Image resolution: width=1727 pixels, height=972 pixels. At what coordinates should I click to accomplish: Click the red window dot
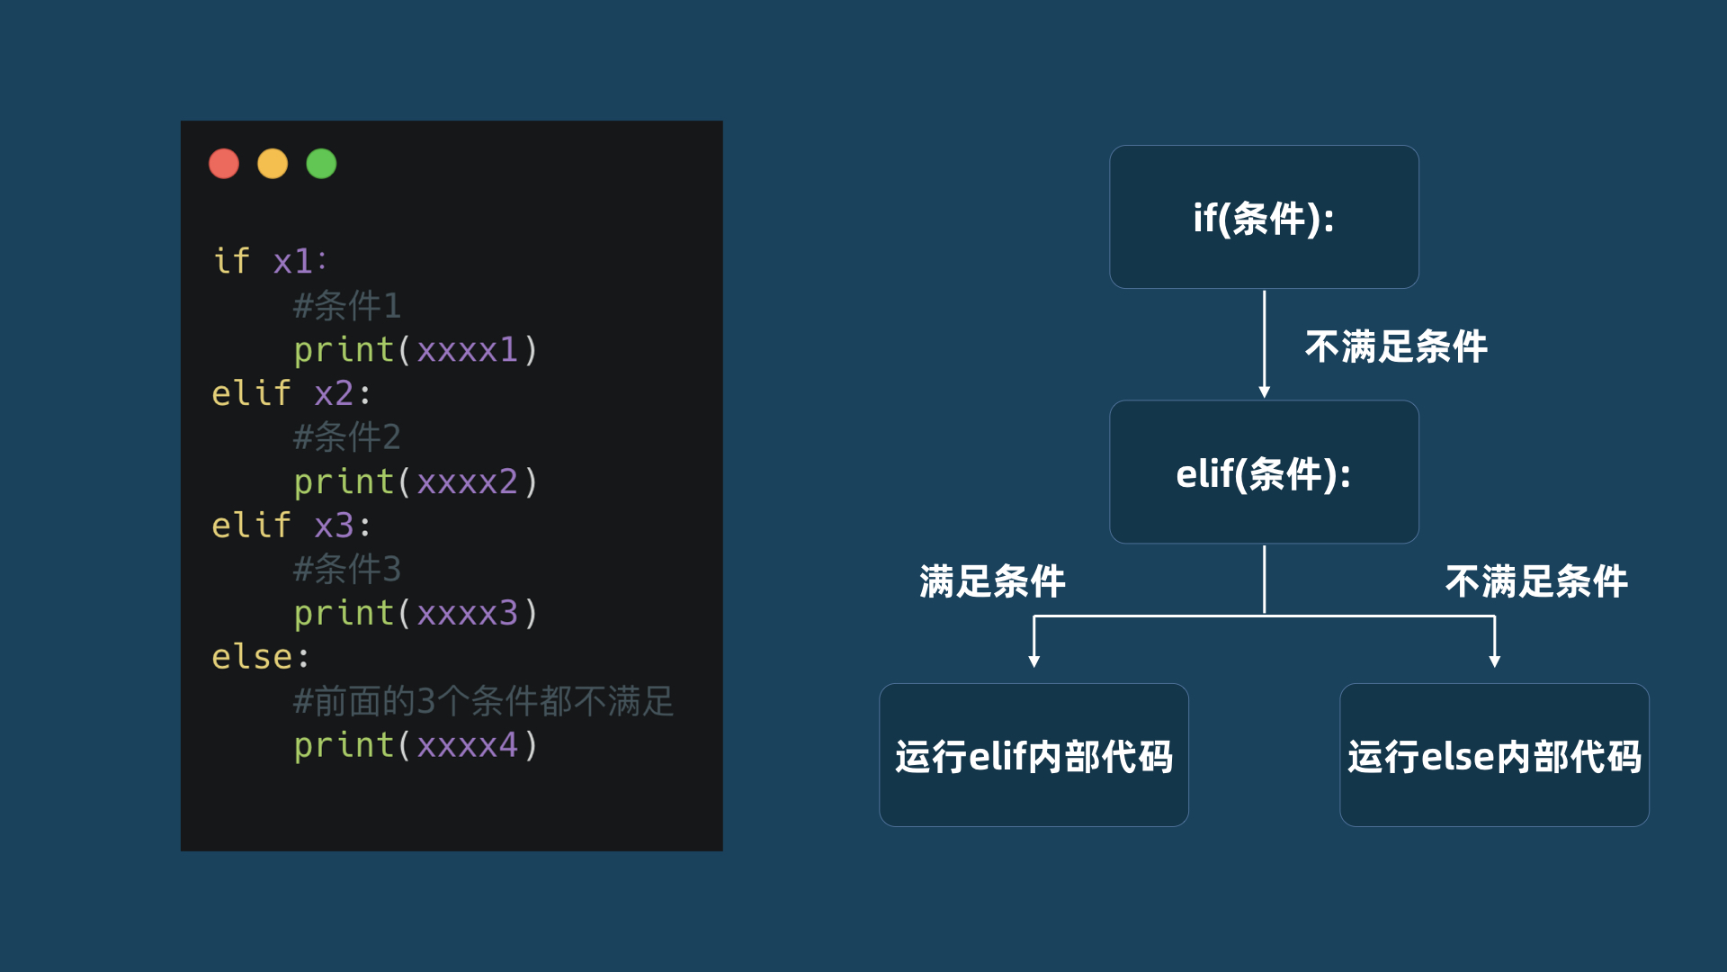point(224,164)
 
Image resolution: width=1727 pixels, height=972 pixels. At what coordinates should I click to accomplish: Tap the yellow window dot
point(273,164)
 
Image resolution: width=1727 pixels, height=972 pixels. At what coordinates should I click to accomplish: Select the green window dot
point(321,164)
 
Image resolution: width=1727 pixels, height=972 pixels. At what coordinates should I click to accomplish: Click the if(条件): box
point(1264,217)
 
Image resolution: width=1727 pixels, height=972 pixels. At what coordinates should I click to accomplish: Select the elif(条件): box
point(1264,472)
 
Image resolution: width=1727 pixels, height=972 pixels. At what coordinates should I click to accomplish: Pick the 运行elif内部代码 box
point(1034,755)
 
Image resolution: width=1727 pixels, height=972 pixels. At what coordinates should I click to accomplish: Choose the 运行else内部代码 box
point(1494,755)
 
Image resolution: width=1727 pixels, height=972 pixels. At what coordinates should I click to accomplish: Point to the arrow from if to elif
point(1264,342)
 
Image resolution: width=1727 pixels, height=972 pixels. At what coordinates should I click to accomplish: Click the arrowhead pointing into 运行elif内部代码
point(1034,661)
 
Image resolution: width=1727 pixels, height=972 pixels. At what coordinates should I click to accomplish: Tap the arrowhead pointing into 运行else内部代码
point(1495,661)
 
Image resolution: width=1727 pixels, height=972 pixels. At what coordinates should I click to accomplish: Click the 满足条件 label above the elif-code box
point(992,581)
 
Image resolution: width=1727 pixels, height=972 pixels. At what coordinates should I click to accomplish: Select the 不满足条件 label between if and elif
point(1396,346)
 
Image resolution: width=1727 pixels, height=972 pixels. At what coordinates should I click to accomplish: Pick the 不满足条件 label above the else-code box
point(1536,581)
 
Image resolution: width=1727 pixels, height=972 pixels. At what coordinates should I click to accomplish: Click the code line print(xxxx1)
point(416,349)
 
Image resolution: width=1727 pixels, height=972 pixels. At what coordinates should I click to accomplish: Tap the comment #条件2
point(347,437)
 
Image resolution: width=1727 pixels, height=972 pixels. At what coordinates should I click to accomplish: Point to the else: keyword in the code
point(260,657)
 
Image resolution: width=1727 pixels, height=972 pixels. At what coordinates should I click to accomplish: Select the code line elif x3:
point(291,525)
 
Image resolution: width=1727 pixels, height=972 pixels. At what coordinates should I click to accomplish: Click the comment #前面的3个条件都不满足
point(483,701)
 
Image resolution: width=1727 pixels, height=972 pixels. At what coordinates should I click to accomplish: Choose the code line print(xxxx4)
point(416,745)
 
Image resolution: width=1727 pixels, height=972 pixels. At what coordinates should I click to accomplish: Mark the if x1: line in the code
point(270,261)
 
